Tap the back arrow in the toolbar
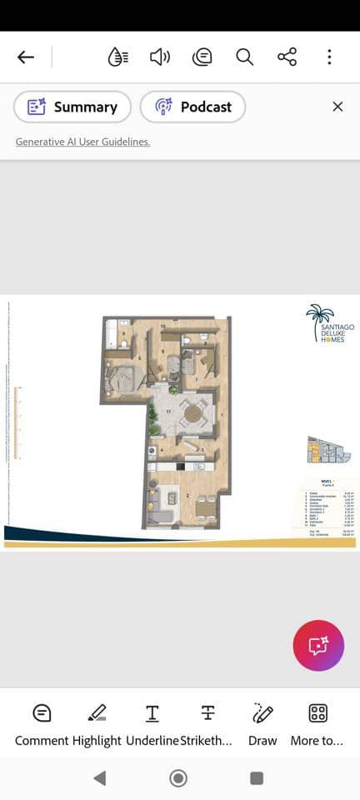tap(26, 57)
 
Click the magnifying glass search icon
tap(244, 57)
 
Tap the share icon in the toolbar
tap(287, 57)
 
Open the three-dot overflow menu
tap(329, 57)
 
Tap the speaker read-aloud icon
tap(159, 57)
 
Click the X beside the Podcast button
tap(337, 107)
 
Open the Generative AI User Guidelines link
tap(82, 142)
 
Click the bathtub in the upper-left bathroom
tap(112, 336)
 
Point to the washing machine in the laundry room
tap(152, 451)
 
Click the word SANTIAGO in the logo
tap(337, 327)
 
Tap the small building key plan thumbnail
tap(327, 451)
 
